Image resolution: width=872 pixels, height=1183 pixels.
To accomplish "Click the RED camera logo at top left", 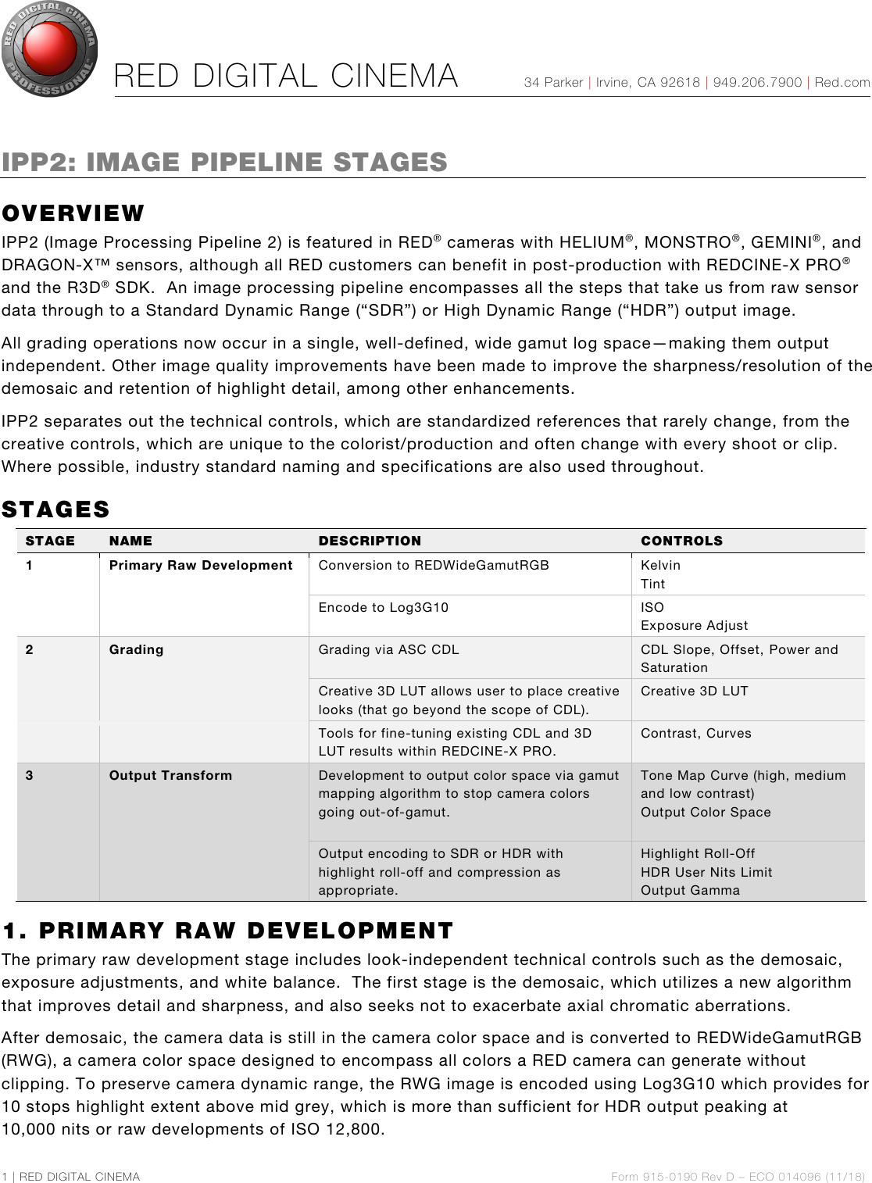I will [x=50, y=50].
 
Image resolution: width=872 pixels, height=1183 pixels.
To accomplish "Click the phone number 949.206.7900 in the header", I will [x=757, y=82].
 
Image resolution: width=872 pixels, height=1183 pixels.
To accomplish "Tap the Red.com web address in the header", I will [x=842, y=82].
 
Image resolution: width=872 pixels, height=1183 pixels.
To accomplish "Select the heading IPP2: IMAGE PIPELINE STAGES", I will [x=224, y=162].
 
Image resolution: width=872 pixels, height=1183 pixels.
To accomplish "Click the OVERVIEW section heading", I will [x=73, y=213].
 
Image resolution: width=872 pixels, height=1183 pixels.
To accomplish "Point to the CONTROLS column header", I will [x=681, y=541].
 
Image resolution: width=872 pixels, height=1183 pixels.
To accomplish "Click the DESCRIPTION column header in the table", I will [x=370, y=541].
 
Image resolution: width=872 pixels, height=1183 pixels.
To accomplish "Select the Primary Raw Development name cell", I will [x=201, y=565].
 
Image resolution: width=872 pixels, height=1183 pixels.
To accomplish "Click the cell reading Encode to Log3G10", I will [x=383, y=607].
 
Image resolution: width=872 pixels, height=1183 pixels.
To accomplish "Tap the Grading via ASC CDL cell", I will [x=388, y=649].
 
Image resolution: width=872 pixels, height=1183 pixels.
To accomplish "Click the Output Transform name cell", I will [x=170, y=775].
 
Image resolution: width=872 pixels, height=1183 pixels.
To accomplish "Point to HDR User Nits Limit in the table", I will [x=706, y=872].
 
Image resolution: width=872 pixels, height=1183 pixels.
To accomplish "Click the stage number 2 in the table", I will [x=30, y=649].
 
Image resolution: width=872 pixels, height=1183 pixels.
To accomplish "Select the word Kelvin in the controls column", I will [x=660, y=565].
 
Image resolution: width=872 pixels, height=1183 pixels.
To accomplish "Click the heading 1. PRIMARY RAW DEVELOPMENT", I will [x=227, y=931].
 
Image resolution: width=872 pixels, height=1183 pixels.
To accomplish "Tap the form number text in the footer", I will [x=738, y=1176].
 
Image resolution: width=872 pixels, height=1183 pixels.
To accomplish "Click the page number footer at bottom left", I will [x=71, y=1176].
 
